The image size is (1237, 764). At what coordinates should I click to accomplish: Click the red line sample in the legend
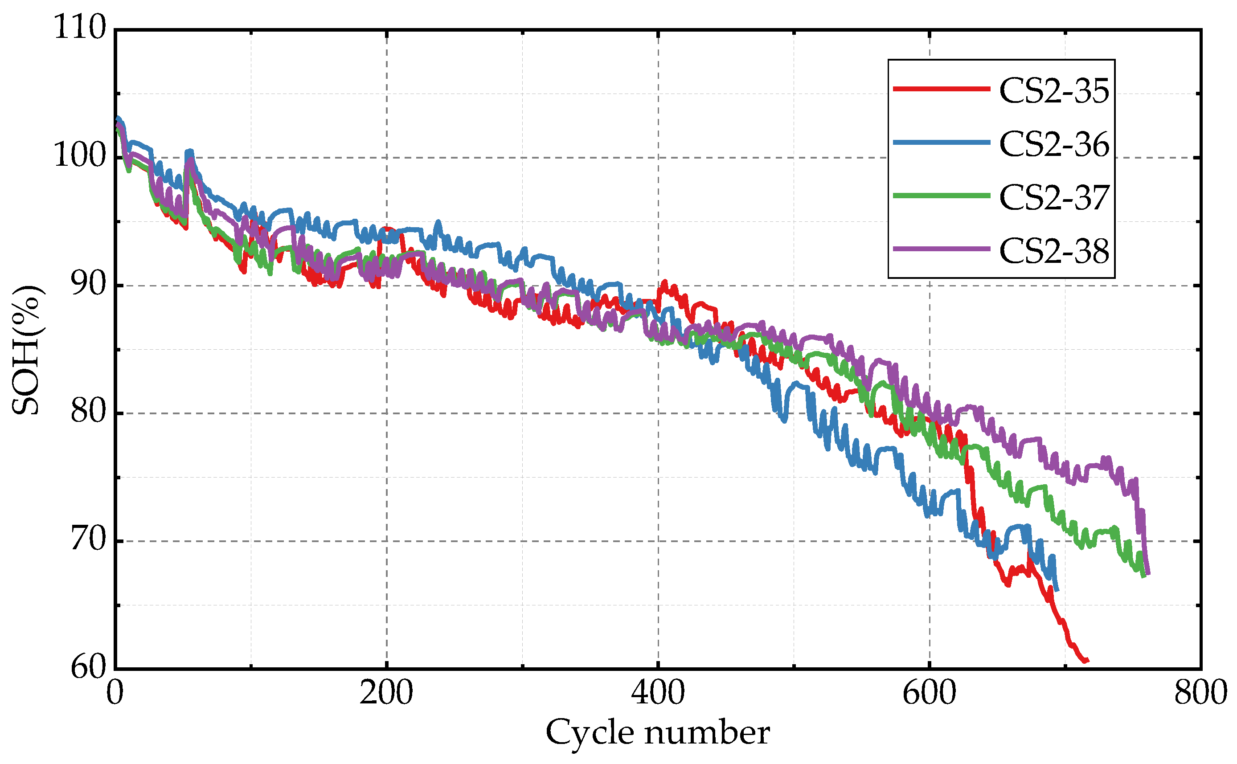click(x=942, y=89)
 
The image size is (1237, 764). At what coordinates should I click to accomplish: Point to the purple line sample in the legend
click(x=942, y=249)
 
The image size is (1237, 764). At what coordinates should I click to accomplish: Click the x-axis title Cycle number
click(x=658, y=732)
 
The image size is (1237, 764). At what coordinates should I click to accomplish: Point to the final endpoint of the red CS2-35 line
click(x=1088, y=660)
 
